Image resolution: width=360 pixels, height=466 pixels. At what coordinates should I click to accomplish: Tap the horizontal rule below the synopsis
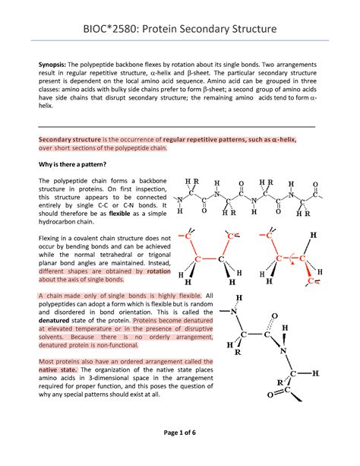point(180,125)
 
